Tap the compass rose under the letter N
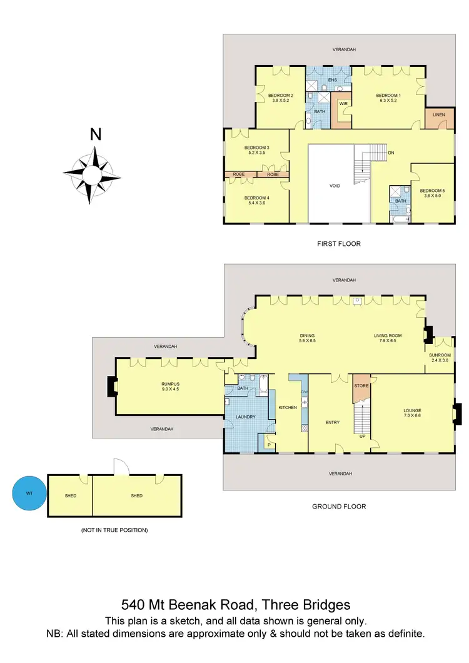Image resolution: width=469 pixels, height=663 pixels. pyautogui.click(x=91, y=175)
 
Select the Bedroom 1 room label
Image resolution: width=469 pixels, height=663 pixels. pyautogui.click(x=388, y=98)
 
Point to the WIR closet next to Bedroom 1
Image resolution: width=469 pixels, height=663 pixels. pyautogui.click(x=343, y=104)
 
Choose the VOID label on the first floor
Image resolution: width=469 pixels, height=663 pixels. pyautogui.click(x=335, y=186)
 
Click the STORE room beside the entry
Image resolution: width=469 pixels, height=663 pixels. pyautogui.click(x=361, y=386)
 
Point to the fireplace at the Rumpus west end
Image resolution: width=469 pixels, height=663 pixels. pyautogui.click(x=111, y=387)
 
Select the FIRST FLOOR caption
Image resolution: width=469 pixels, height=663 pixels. pyautogui.click(x=339, y=243)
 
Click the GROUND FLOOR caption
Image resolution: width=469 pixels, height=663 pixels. pyautogui.click(x=339, y=506)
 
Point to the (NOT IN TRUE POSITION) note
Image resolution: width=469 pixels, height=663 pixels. pyautogui.click(x=114, y=530)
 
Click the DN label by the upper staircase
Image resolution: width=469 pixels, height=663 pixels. pyautogui.click(x=391, y=153)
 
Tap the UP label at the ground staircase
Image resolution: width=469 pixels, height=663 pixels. pyautogui.click(x=362, y=436)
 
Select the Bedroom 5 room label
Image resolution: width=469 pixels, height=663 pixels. pyautogui.click(x=431, y=193)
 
